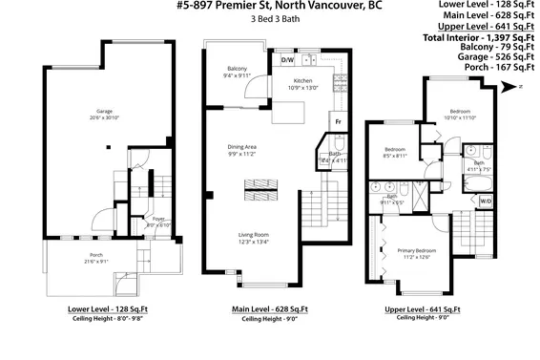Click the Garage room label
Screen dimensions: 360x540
92,112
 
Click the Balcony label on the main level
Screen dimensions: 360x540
238,70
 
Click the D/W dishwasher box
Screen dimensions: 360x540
287,60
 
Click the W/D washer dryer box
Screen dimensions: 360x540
486,201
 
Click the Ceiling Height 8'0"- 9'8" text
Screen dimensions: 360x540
105,320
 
